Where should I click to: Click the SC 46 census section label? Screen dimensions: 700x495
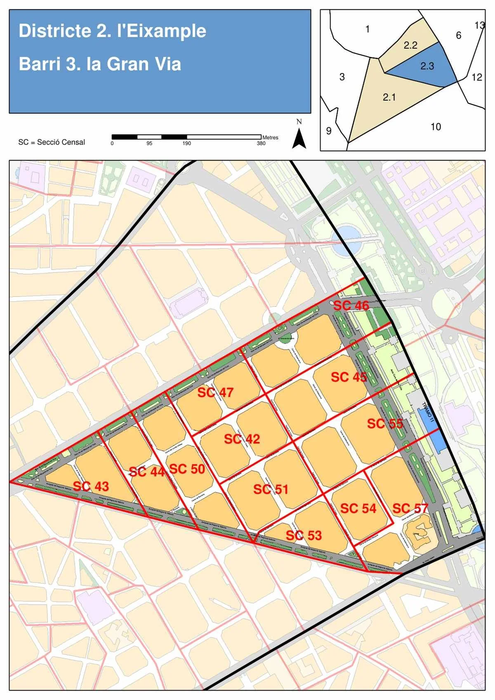tap(351, 305)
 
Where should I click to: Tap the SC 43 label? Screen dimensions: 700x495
tap(91, 486)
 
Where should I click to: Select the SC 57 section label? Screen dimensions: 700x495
tap(410, 508)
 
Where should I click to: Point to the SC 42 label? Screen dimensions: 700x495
tap(242, 439)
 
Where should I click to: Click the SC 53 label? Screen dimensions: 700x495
tap(304, 535)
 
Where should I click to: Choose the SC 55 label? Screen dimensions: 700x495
tap(385, 423)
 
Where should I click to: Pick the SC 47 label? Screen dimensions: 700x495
tap(215, 392)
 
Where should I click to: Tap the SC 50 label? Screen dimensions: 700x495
tap(187, 469)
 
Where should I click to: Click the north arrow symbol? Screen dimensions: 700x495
tap(299, 138)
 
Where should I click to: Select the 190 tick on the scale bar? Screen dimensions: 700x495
tap(187, 143)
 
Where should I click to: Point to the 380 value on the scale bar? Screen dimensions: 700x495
tap(261, 143)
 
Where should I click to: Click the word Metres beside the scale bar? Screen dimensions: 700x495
tap(270, 137)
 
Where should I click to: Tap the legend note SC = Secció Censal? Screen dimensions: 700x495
tap(52, 142)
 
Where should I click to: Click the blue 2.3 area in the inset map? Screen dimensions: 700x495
tap(427, 66)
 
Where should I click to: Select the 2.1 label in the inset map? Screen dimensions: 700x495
tap(389, 97)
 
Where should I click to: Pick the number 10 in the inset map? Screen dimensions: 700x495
tap(436, 127)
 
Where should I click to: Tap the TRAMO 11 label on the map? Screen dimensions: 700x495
tap(428, 413)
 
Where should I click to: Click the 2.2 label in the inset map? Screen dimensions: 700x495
tap(410, 45)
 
